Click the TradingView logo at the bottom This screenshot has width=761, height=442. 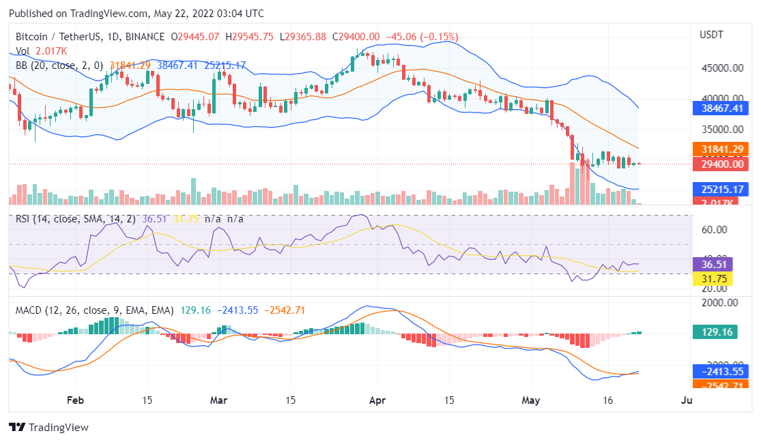click(48, 427)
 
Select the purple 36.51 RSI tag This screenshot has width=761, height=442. click(712, 265)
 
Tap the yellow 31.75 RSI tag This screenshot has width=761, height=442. click(712, 278)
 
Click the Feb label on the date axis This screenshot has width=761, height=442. click(76, 401)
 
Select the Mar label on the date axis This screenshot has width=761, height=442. click(219, 401)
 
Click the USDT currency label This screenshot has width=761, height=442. click(711, 35)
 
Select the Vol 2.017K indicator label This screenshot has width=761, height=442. click(42, 51)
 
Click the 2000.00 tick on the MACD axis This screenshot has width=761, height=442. click(719, 303)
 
